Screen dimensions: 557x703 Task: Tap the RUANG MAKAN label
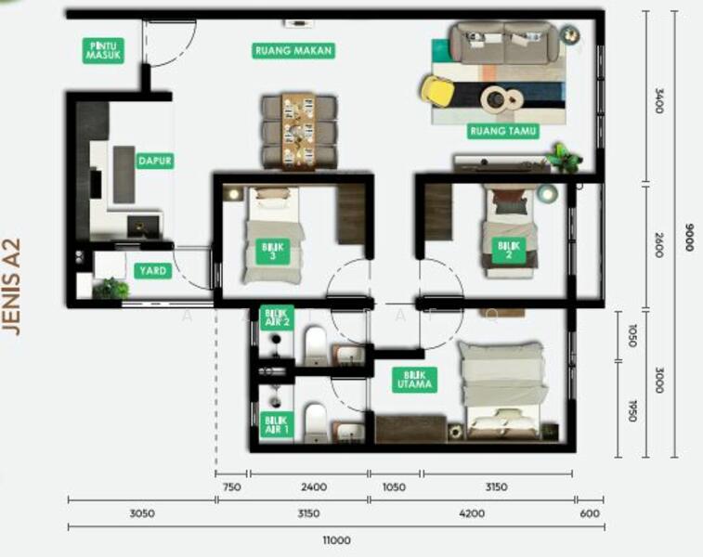tap(293, 51)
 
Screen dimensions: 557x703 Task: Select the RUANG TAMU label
tap(503, 131)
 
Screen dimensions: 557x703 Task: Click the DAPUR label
tap(155, 161)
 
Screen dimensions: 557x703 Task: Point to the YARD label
tap(152, 271)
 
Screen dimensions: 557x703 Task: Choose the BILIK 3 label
tap(274, 251)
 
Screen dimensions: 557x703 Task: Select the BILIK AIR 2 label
tap(277, 318)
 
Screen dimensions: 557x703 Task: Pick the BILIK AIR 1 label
tap(277, 423)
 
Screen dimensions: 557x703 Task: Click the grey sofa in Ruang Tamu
tap(504, 43)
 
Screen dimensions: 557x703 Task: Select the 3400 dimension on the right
tap(659, 101)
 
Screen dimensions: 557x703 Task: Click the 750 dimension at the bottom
tap(233, 486)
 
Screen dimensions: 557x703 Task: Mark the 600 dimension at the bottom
tap(590, 512)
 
